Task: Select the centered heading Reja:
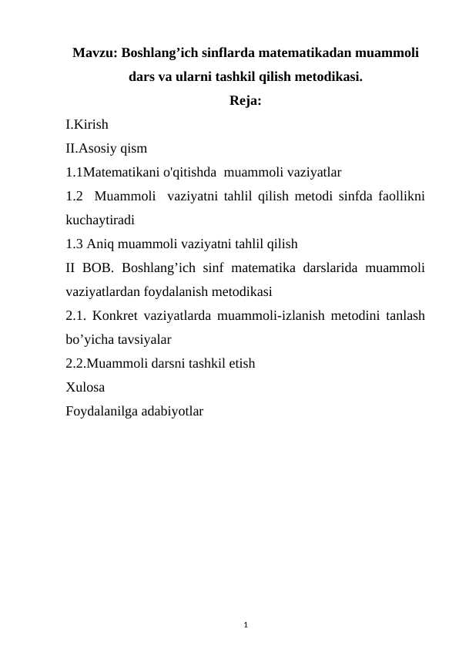(245, 101)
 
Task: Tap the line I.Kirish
(87, 124)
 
